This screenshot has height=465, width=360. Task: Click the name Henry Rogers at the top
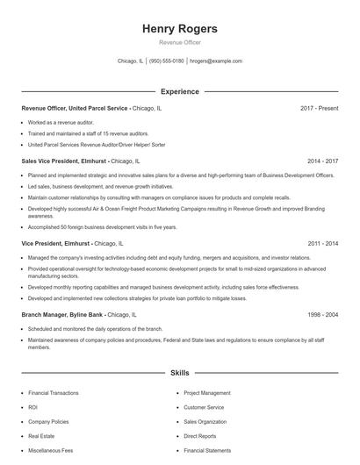[179, 29]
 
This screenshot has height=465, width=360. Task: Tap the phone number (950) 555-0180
[167, 61]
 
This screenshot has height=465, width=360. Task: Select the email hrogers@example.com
[215, 61]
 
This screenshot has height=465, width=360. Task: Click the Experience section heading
[179, 91]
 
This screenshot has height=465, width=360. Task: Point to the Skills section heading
[179, 373]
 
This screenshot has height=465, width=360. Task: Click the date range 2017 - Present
[319, 108]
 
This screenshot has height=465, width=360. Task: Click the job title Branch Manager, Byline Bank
[64, 313]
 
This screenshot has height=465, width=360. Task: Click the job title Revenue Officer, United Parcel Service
[76, 108]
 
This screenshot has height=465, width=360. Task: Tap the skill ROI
[33, 407]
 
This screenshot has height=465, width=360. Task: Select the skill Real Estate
[41, 435]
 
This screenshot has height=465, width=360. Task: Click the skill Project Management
[207, 393]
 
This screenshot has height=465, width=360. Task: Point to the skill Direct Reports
[200, 435]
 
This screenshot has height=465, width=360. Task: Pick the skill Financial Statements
[207, 449]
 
